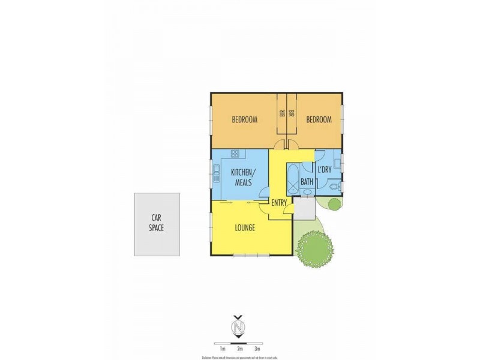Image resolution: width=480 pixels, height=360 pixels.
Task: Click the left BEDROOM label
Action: (245, 119)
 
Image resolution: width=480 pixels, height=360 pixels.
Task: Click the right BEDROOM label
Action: (319, 119)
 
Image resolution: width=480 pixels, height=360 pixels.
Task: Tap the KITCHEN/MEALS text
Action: (243, 177)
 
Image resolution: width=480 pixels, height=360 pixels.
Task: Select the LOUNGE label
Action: (245, 227)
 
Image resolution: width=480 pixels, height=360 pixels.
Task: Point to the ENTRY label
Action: (279, 203)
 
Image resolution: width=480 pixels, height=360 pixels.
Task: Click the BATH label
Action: (307, 182)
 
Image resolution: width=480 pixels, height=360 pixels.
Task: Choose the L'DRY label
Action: (324, 170)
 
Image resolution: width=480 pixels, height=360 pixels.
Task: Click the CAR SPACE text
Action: (156, 223)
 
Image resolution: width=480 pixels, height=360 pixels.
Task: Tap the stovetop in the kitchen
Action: (235, 154)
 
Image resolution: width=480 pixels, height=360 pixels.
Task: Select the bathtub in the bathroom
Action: (292, 179)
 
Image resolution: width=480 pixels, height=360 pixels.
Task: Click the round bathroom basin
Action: (307, 192)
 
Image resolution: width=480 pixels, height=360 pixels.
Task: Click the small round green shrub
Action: (335, 204)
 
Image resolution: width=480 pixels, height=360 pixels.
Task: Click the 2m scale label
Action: (239, 348)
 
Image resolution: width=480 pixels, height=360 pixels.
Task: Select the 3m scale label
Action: (257, 348)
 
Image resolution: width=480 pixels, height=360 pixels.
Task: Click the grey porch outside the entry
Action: (304, 207)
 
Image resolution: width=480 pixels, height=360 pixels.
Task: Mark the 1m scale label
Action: (222, 348)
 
